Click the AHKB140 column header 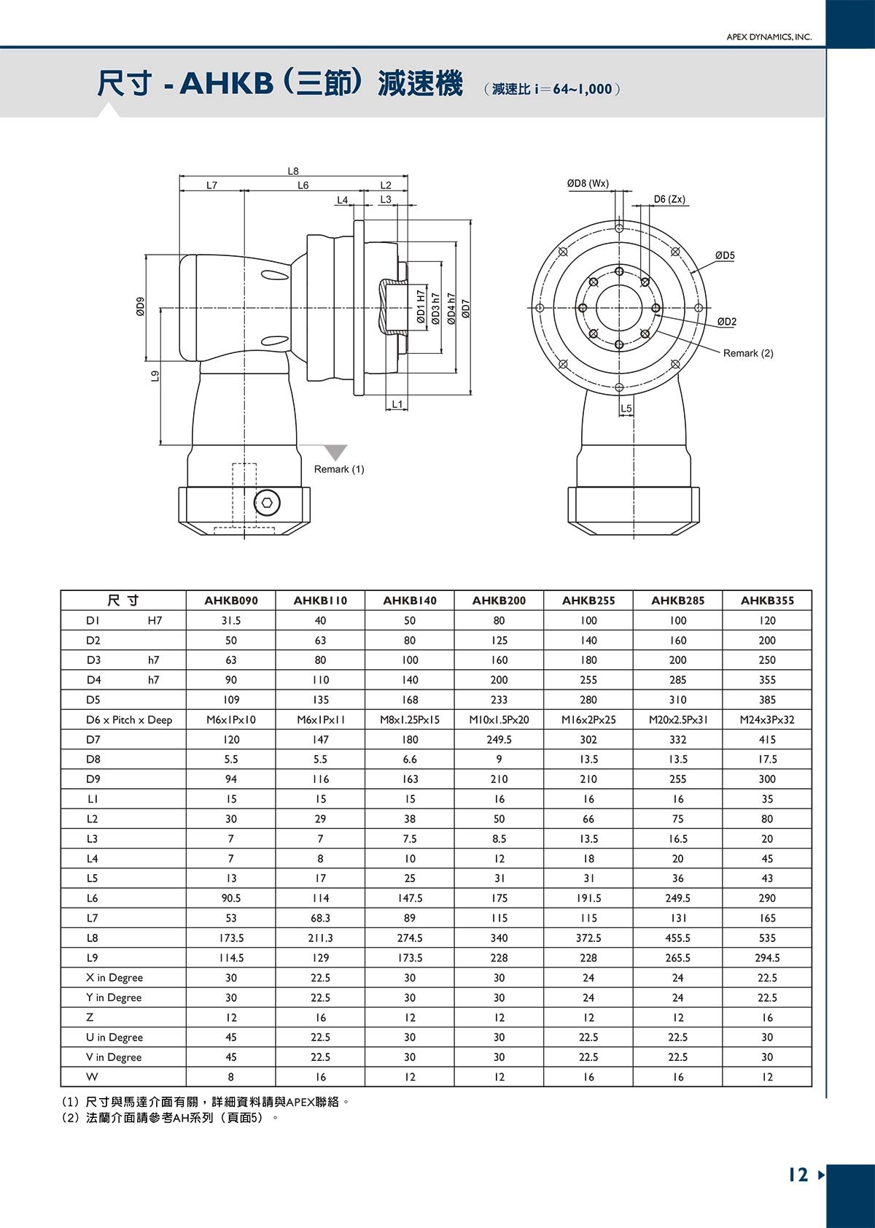410,601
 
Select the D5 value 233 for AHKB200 499,700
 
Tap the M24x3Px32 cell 767,719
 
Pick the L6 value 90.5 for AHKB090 231,898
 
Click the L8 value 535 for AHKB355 767,938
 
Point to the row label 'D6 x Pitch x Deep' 129,719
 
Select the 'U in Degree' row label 114,1037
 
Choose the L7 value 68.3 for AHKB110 320,918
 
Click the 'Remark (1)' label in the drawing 339,469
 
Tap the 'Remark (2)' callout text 748,353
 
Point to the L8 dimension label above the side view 293,171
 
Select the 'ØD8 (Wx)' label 588,183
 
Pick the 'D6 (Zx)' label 669,199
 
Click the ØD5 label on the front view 725,255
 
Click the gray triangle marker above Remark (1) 335,452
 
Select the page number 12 798,1175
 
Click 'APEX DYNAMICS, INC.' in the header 769,37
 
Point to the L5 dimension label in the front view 626,409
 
